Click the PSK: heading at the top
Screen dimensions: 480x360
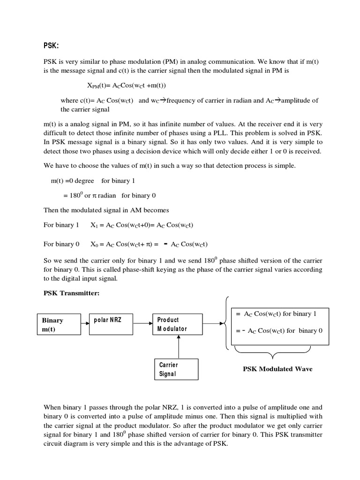pos(52,45)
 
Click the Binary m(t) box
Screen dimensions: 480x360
pos(58,325)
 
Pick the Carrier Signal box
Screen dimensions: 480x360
pos(175,369)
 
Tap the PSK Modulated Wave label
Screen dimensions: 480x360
pos(277,369)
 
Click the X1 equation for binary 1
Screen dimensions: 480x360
pos(142,225)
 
